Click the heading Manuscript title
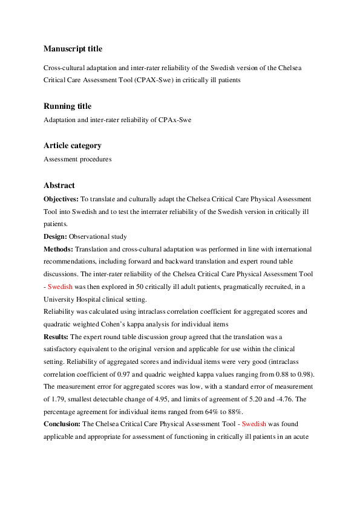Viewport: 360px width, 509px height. pyautogui.click(x=73, y=48)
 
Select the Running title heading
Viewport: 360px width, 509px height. pyautogui.click(x=68, y=106)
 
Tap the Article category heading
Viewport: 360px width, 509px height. pyautogui.click(x=73, y=146)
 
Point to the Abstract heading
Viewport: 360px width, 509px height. pyautogui.click(x=59, y=185)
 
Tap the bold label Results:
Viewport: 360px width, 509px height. pyautogui.click(x=56, y=336)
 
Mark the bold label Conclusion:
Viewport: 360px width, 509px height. pyautogui.click(x=64, y=424)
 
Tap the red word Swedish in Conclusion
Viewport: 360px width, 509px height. pyautogui.click(x=254, y=424)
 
